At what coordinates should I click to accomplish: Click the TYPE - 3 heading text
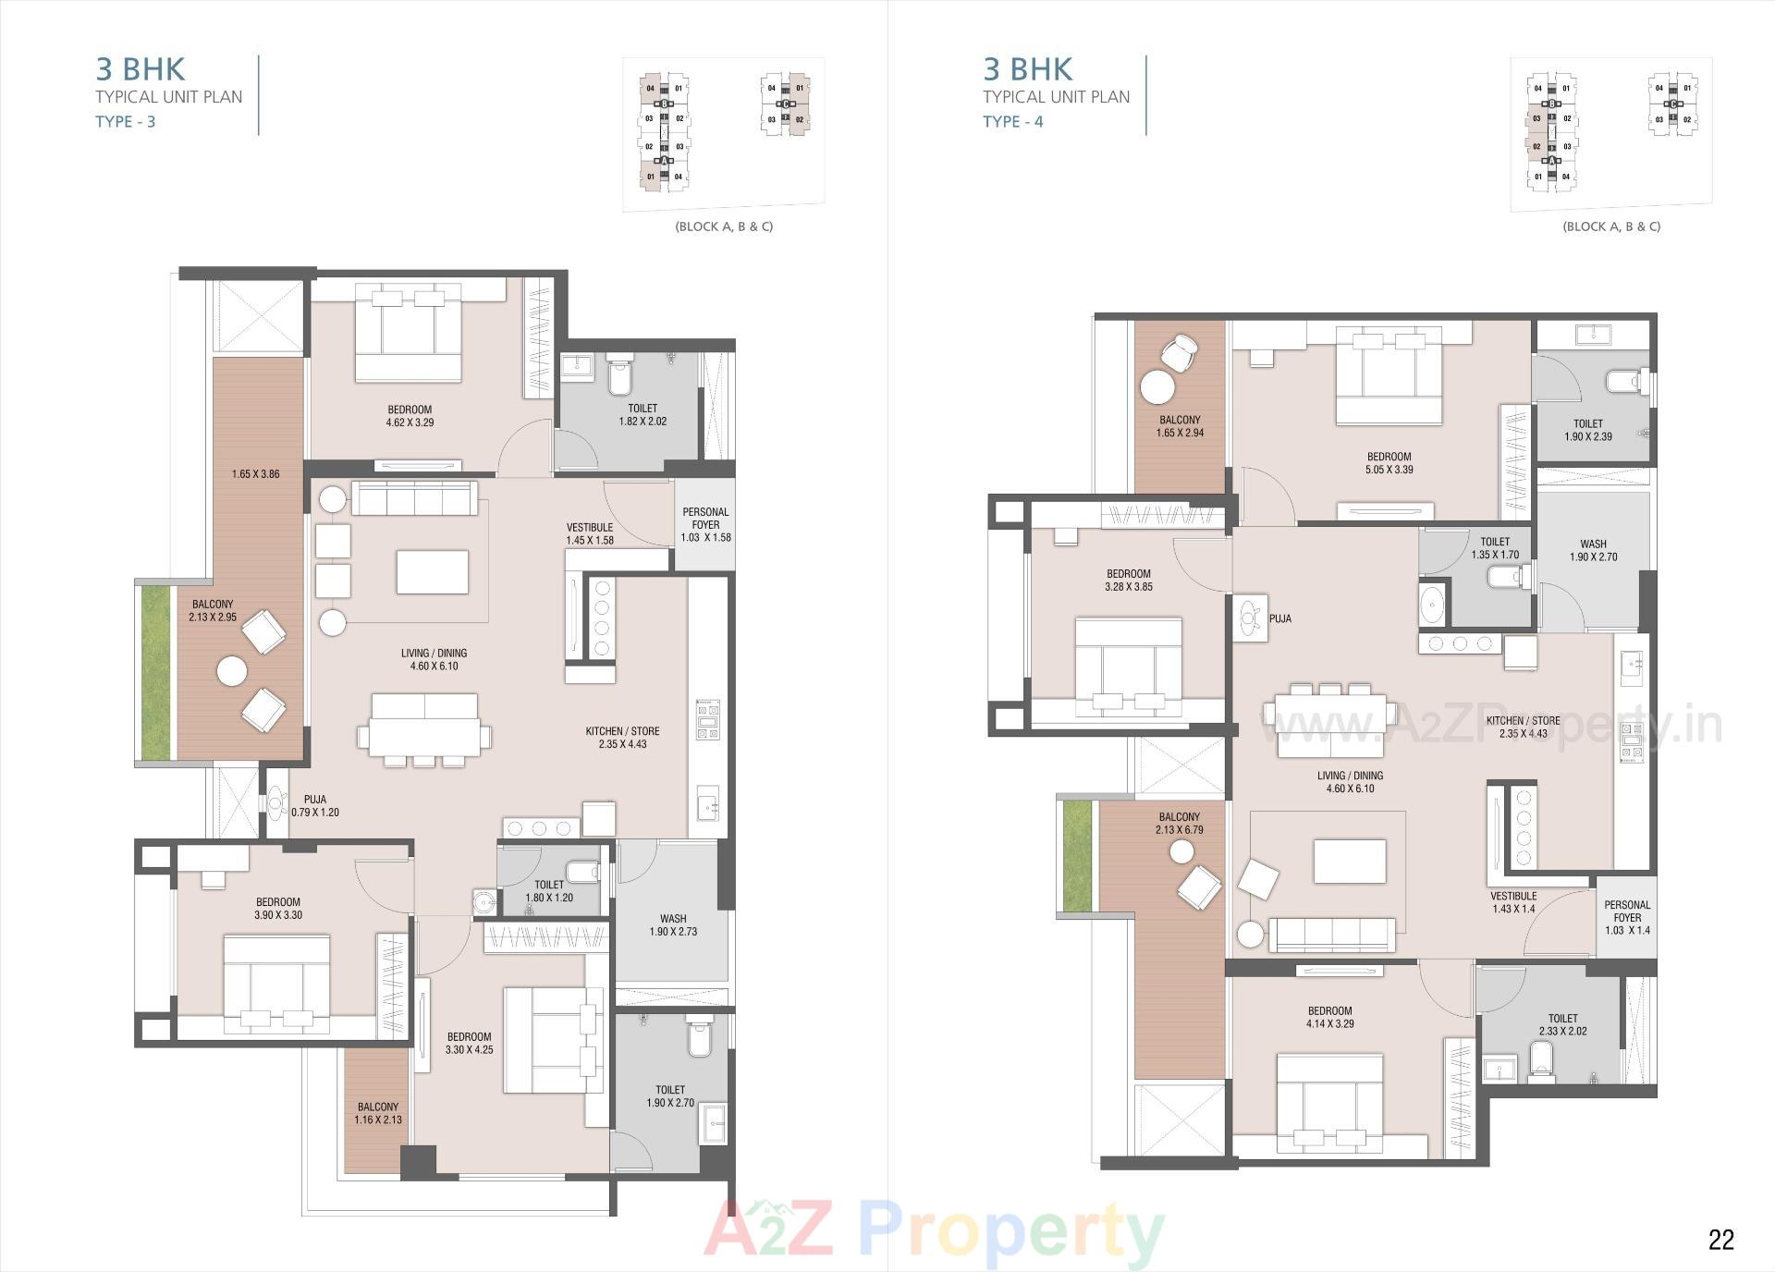tap(126, 121)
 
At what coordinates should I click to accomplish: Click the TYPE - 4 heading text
tap(1012, 121)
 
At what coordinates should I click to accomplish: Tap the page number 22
tap(1720, 1240)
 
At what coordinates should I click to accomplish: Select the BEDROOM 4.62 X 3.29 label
tap(410, 416)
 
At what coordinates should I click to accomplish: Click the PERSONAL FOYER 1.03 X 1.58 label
tap(705, 524)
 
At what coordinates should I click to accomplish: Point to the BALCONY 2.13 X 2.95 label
tap(213, 611)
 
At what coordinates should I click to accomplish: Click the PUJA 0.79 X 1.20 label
tap(314, 806)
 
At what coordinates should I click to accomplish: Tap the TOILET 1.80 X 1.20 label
tap(549, 891)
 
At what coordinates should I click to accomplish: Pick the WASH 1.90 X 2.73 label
tap(673, 925)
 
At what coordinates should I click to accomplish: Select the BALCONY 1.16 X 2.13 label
tap(378, 1113)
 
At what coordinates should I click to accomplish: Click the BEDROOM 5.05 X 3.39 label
tap(1389, 463)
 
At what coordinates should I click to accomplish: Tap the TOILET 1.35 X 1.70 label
tap(1495, 548)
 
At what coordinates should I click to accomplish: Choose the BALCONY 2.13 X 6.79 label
tap(1179, 824)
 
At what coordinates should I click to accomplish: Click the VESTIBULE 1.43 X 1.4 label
tap(1513, 902)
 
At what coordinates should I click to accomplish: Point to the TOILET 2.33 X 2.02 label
tap(1563, 1024)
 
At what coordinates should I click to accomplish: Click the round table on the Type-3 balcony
tap(231, 670)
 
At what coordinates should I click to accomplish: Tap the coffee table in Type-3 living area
tap(432, 571)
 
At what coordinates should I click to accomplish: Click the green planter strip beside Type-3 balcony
tap(155, 672)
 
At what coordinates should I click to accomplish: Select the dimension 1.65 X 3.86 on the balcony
tap(255, 474)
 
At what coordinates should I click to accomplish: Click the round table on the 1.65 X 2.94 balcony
tap(1156, 386)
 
